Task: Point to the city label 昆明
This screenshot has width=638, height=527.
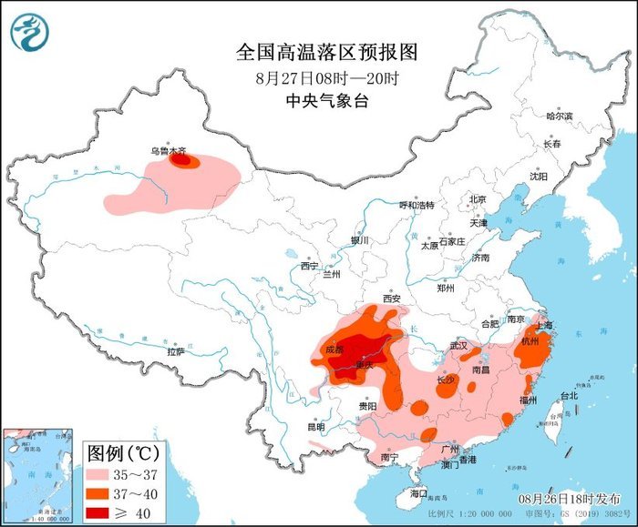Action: tap(315, 426)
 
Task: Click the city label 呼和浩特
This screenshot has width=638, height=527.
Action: tap(418, 205)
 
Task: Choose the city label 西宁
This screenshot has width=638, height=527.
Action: tap(309, 266)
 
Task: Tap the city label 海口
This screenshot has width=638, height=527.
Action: tap(418, 492)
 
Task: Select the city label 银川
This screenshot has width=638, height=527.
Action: tap(359, 240)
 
